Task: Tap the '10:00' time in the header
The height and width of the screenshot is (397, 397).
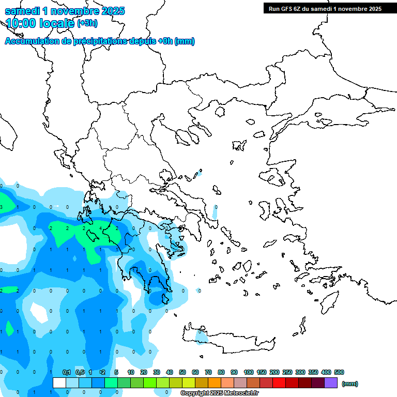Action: tap(21, 23)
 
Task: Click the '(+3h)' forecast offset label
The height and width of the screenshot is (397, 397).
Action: tap(87, 23)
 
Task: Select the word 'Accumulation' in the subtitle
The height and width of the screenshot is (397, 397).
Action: tap(32, 41)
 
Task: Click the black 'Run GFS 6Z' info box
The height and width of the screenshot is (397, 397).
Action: tap(323, 8)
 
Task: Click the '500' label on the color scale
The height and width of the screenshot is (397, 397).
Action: tap(339, 373)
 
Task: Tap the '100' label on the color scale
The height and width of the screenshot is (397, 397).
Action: tap(249, 373)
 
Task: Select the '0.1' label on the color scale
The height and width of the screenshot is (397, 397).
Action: tap(67, 373)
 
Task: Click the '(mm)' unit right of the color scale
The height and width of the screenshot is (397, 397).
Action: tap(349, 384)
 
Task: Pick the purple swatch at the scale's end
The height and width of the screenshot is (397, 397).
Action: tap(331, 383)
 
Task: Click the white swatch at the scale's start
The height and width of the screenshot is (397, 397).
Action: tap(59, 383)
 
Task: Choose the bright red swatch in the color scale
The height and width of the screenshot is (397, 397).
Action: tap(279, 383)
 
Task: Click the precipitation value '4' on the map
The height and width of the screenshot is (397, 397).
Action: tap(100, 228)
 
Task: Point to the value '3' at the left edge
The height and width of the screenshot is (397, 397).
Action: tap(2, 207)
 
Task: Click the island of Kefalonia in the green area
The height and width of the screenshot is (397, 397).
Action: tap(93, 236)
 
